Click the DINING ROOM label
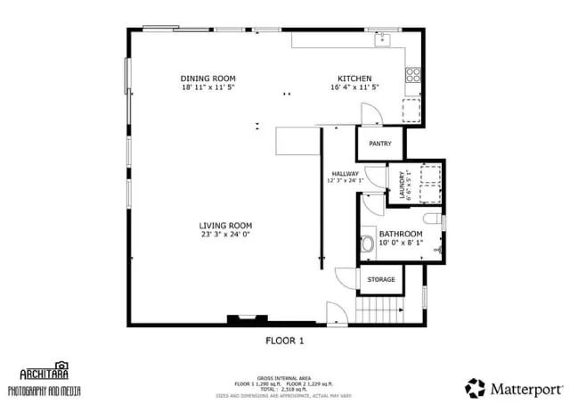pos(207,78)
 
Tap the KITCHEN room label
pos(354,78)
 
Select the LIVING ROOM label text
pos(225,226)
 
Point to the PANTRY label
pos(380,143)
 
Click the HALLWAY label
pos(345,174)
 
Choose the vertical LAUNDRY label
pos(403,185)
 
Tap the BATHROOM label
pos(400,234)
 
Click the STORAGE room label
pos(380,280)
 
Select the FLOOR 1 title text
pos(285,340)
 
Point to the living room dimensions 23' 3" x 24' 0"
pos(225,236)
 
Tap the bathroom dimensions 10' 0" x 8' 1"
pos(400,243)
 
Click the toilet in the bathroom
pos(369,243)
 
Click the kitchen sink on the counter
pos(383,38)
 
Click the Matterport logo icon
pos(476,388)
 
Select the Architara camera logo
pos(61,365)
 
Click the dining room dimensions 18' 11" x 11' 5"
pos(207,88)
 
